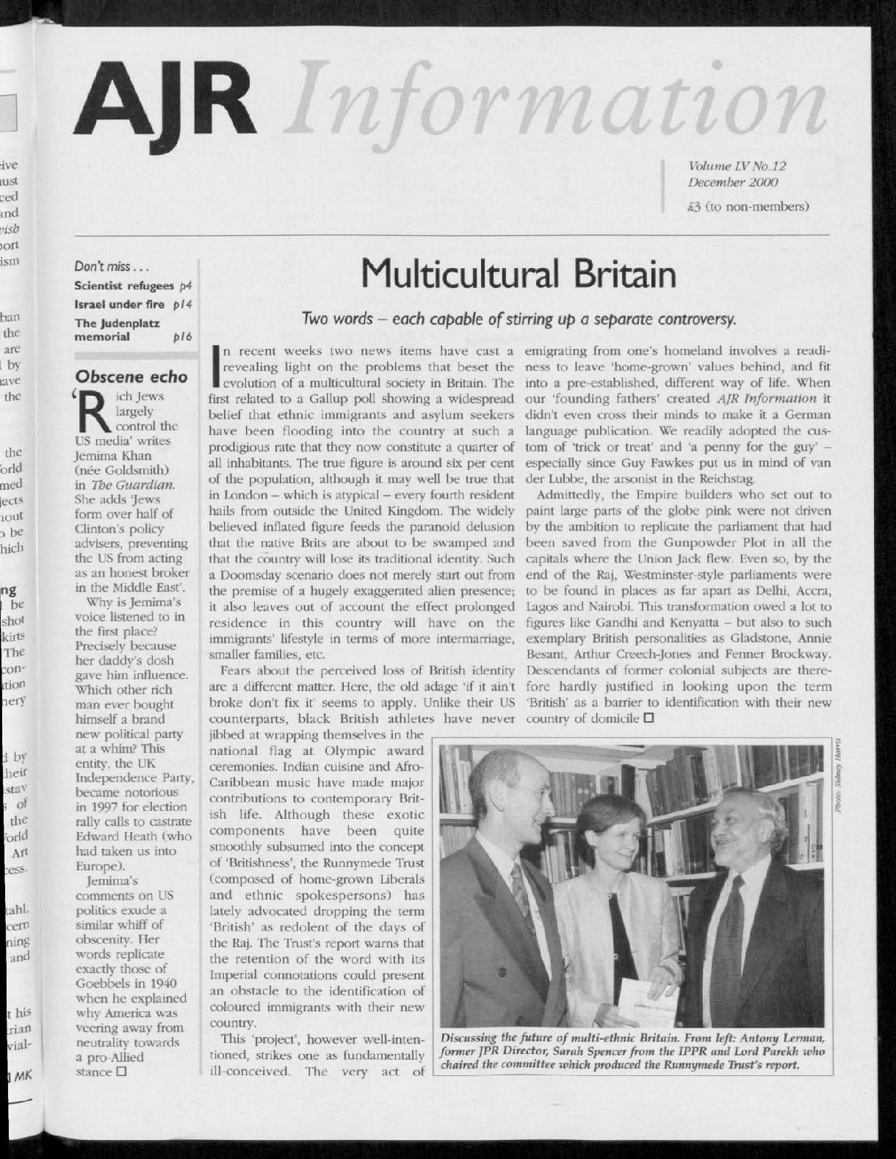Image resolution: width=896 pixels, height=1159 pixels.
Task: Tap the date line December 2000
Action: pyautogui.click(x=732, y=182)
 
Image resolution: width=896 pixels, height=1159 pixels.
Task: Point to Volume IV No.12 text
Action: pyautogui.click(x=737, y=167)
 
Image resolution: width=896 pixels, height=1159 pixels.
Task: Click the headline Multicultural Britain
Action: pyautogui.click(x=519, y=274)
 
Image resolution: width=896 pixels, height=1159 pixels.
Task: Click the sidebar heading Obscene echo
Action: pyautogui.click(x=131, y=378)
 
